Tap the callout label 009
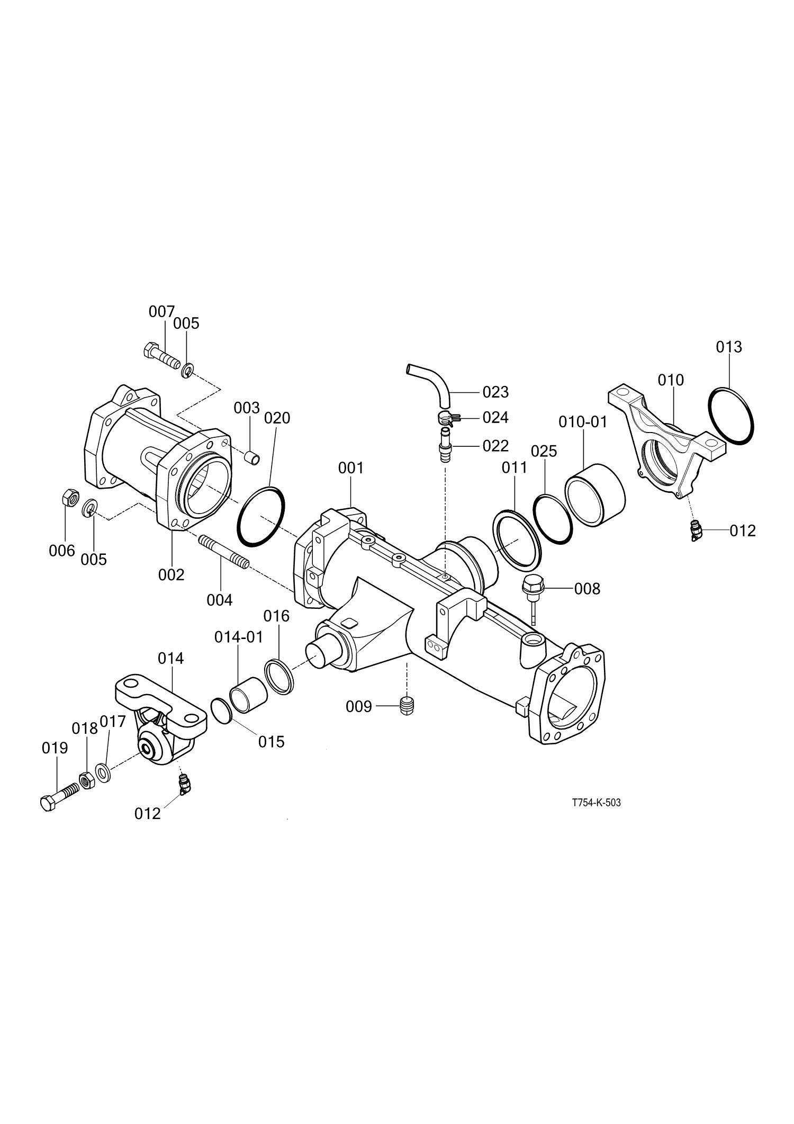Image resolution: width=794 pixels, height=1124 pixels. (359, 707)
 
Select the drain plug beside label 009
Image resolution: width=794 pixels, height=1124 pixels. (407, 706)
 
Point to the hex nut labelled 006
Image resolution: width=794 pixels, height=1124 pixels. (70, 498)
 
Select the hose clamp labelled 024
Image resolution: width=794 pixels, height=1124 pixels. (447, 419)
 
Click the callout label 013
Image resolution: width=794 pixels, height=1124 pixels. (729, 347)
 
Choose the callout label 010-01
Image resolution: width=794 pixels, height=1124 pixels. (583, 422)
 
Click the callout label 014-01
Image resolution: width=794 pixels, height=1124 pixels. (239, 637)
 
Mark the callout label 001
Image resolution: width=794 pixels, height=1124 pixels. (351, 468)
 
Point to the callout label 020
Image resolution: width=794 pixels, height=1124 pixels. (277, 418)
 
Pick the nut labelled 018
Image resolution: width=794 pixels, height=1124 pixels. (86, 780)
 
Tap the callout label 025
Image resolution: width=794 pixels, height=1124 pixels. (544, 451)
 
